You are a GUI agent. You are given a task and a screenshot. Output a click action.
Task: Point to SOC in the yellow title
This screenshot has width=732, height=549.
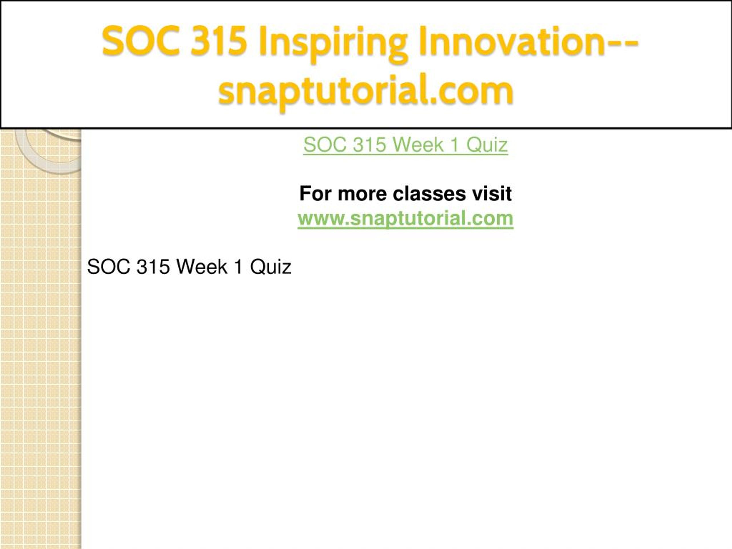click(141, 41)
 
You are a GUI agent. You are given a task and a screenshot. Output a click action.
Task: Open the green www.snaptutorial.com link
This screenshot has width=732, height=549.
click(405, 218)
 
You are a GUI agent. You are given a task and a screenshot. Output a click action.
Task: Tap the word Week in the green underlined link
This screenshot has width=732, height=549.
click(418, 145)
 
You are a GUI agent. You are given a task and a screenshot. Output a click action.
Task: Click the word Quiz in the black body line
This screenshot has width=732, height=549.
click(271, 267)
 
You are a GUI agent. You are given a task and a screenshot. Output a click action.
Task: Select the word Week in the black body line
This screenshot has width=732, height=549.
click(202, 267)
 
